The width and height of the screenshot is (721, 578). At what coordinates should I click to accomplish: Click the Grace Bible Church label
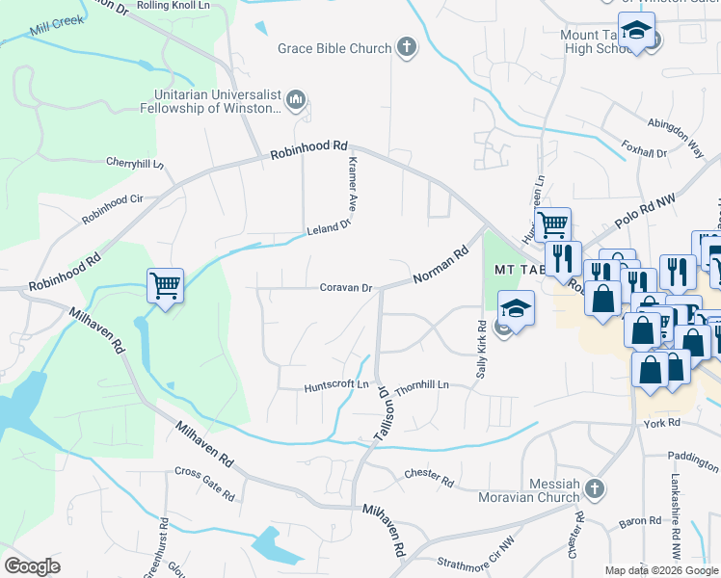(334, 48)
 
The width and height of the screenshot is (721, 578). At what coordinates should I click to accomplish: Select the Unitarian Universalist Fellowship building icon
(296, 100)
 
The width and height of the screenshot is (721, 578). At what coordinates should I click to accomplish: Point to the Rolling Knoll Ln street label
(173, 6)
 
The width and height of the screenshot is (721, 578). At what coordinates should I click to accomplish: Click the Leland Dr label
(327, 228)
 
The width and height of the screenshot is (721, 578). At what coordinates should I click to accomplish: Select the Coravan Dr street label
(346, 287)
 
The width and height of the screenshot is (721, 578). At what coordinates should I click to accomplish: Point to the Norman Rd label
(440, 263)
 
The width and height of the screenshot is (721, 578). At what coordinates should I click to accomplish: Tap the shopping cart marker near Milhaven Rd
(165, 285)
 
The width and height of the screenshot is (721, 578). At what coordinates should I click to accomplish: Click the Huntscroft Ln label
(337, 385)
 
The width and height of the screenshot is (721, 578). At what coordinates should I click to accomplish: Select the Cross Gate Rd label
(204, 485)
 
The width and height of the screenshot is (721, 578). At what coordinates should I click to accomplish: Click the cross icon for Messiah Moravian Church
(594, 488)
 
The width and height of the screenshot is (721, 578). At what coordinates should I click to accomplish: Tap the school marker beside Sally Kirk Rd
(516, 311)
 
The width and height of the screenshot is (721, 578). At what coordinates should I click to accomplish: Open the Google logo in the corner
(32, 565)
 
